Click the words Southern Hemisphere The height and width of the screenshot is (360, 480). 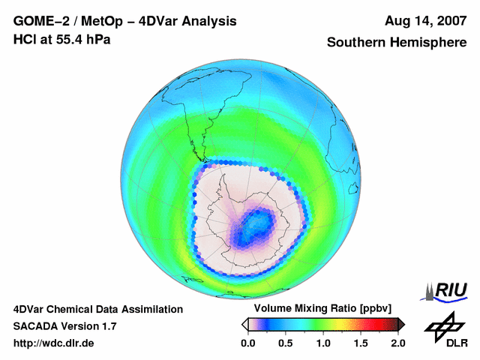point(396,43)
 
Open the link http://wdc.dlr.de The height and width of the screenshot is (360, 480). point(54,343)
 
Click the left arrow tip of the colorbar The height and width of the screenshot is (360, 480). point(244,324)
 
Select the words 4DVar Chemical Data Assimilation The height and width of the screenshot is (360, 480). point(97,309)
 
